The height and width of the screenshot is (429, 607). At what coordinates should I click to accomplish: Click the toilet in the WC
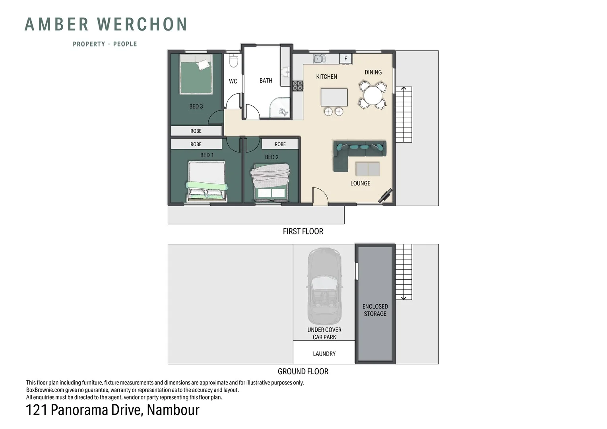point(233,61)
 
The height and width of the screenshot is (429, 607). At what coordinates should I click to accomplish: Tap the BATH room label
point(266,81)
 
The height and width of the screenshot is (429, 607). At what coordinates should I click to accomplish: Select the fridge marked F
point(346,59)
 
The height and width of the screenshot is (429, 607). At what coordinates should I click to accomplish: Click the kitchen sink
point(319,59)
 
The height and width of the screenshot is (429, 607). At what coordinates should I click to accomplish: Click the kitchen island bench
point(334,97)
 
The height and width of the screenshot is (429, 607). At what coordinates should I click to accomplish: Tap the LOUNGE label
point(360,183)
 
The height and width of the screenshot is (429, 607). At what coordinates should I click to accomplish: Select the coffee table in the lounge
point(368,169)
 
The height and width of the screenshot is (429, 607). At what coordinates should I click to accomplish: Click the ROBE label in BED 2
point(280,144)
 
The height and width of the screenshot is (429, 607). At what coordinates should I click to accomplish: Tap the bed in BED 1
point(207,181)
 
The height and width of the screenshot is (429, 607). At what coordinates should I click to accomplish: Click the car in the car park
point(324,286)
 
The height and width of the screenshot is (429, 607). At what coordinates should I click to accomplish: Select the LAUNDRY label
point(324,354)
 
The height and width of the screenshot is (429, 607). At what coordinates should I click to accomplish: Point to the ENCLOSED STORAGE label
point(375,310)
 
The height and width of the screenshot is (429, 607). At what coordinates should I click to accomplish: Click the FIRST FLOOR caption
point(303,231)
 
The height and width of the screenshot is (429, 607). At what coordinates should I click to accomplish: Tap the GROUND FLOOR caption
point(303,371)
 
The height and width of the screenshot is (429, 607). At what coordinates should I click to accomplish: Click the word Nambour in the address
point(173,410)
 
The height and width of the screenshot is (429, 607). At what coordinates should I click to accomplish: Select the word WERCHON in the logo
point(142,24)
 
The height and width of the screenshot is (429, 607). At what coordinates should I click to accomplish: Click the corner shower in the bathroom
point(281,108)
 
